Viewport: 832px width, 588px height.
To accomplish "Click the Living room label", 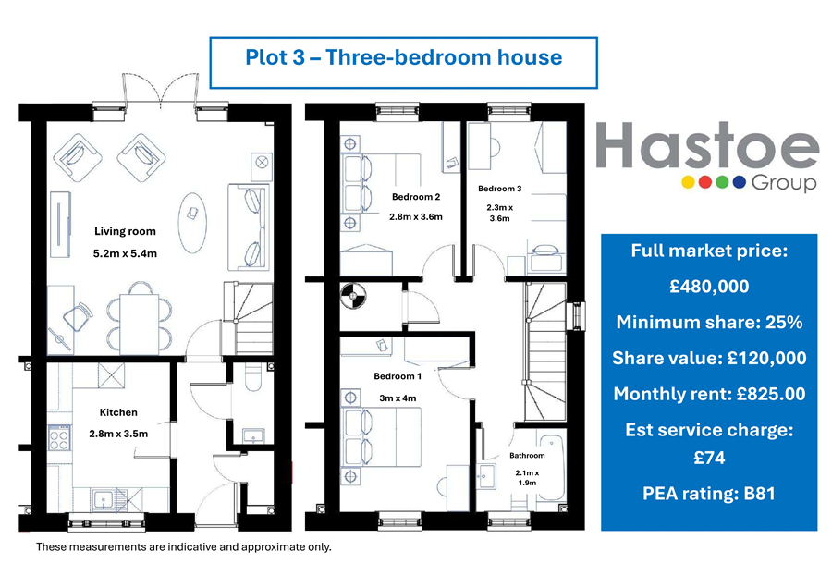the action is (x=125, y=231).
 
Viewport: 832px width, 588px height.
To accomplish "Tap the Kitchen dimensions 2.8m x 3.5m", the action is (x=118, y=434).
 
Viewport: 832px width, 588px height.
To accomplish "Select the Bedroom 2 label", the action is (x=416, y=197).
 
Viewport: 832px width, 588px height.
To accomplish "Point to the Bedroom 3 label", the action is (x=500, y=189).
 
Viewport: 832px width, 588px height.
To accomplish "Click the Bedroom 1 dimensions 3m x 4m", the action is (x=398, y=398).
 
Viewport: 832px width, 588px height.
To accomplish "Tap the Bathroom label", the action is (x=527, y=455).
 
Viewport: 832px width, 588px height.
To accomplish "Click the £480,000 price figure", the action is (x=709, y=287).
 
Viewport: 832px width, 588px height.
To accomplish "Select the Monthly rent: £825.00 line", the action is (x=709, y=394).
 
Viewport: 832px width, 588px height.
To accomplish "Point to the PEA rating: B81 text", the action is (x=709, y=494).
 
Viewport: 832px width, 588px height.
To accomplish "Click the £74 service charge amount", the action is (x=709, y=458).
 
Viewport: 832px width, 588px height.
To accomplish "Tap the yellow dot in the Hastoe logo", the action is (x=688, y=182).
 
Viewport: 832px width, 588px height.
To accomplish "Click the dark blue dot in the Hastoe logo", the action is (x=740, y=182).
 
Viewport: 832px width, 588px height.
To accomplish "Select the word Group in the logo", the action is (x=784, y=183).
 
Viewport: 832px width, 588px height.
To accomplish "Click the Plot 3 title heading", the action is (x=403, y=57).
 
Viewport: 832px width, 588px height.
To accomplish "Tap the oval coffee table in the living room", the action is (x=191, y=223).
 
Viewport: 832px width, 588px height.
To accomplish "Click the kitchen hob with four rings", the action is (x=59, y=438).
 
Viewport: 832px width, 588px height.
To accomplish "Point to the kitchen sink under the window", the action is (x=103, y=500).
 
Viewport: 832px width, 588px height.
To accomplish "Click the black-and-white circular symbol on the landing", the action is (x=353, y=296).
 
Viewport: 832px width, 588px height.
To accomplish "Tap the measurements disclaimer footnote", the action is (x=184, y=546).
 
